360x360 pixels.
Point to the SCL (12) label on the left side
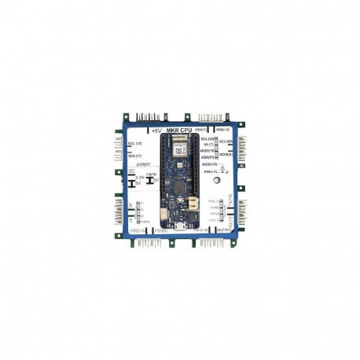[134, 144]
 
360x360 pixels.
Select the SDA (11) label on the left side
[134, 156]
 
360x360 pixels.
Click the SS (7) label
[208, 145]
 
